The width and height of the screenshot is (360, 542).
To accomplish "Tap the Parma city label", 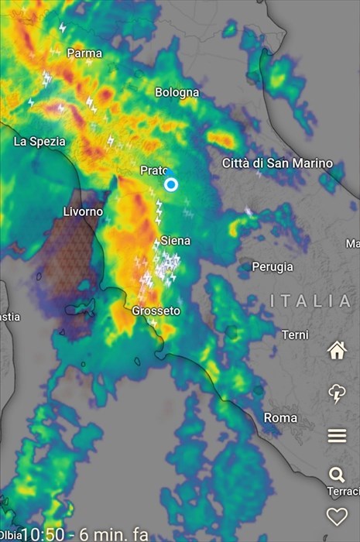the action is coord(84,53).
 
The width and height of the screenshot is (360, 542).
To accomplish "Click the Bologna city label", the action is coord(177,92).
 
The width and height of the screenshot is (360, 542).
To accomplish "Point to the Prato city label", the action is coord(154,170).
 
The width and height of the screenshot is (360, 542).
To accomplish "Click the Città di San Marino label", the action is coord(277,163).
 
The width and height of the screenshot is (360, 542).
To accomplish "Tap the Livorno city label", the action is coord(83,211).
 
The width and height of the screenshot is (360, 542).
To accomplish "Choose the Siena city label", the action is coord(175,241).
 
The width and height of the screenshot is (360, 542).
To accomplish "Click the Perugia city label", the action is coord(273,266).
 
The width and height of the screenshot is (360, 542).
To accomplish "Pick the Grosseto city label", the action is coord(156,311).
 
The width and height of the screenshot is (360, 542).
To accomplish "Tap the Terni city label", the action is coord(294,334).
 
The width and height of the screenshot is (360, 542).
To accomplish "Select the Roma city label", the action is coord(280,418).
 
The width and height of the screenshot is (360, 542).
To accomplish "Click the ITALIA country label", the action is coord(310,300).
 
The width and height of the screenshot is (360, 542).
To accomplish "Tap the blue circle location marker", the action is coord(171,184).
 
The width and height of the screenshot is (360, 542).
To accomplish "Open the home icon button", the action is coord(337,350).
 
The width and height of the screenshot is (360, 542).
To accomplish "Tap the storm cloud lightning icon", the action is coord(337,393).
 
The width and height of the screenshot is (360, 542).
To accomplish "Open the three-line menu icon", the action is coord(337,435).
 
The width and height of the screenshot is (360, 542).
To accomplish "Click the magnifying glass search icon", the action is coord(337,475).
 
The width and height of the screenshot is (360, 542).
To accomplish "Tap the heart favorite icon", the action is coord(337,516).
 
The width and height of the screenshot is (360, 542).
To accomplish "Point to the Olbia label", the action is coord(10,535).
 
